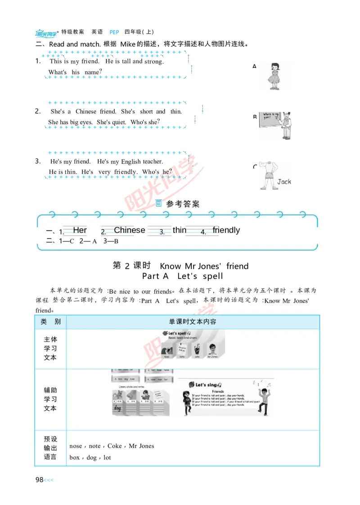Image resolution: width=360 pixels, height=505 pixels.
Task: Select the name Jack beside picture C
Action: [x=284, y=182]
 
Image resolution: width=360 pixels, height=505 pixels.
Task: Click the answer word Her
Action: [x=80, y=230]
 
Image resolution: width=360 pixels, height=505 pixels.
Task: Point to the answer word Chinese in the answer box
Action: [x=130, y=230]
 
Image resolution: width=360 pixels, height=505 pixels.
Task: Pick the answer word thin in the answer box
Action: [x=179, y=230]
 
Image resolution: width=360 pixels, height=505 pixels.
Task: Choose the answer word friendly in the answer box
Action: [x=226, y=230]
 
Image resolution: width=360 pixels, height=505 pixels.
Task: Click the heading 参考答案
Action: [x=183, y=204]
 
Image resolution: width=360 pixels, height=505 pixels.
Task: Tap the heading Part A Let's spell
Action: [x=182, y=276]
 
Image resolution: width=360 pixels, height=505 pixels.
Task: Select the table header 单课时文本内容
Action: [x=193, y=322]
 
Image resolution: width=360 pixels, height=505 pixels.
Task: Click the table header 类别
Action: [x=50, y=322]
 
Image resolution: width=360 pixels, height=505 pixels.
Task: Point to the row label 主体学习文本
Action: [x=50, y=349]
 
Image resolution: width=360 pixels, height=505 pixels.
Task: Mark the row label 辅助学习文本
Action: [x=50, y=399]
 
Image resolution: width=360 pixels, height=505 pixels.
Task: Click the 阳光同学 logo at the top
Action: [x=46, y=34]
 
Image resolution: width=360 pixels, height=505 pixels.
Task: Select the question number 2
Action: [x=38, y=111]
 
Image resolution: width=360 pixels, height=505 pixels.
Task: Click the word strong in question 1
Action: [x=154, y=62]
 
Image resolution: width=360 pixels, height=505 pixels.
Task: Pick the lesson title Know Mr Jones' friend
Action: [x=204, y=266]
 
